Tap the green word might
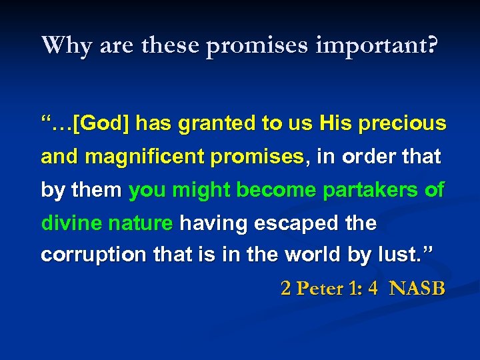197,190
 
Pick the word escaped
295,223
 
